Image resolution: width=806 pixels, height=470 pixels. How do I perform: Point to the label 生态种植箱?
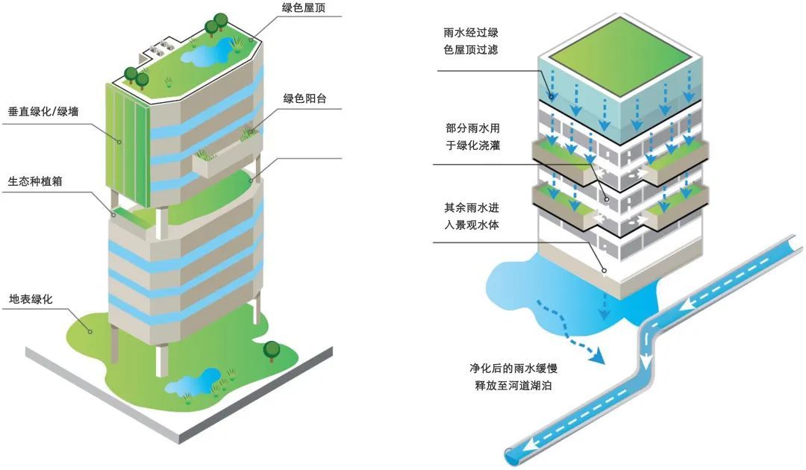point(36,181)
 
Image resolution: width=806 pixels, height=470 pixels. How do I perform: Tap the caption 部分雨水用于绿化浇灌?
point(472,135)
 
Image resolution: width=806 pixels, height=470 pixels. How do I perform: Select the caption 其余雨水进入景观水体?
point(472,214)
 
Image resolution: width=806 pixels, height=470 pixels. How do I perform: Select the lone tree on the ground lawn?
point(272,348)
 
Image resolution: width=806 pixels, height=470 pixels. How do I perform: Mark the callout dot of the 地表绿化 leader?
point(90,330)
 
